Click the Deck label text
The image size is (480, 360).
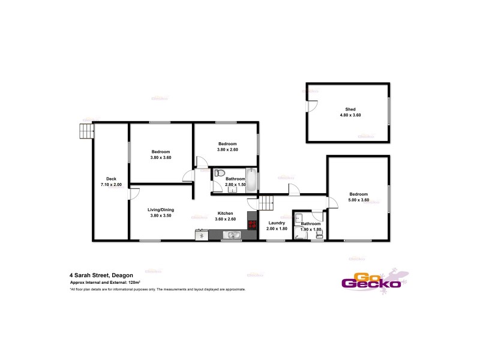pos(111,179)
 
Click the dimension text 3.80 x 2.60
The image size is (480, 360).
pos(227,150)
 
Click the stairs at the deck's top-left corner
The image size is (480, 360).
pos(88,131)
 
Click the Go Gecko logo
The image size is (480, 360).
pos(371,281)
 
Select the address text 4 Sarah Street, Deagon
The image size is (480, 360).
pos(101,275)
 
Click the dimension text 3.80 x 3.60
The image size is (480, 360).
pos(161,157)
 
